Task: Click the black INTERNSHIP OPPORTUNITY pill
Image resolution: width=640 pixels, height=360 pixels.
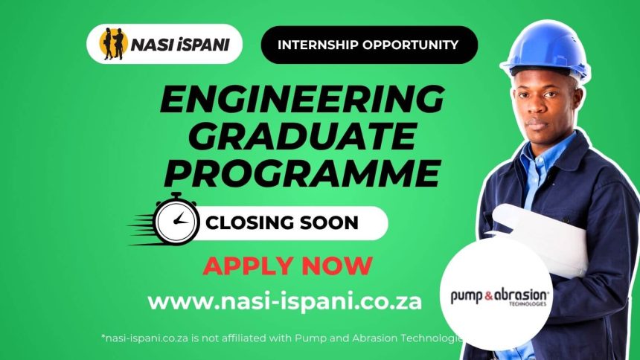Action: pos(368,45)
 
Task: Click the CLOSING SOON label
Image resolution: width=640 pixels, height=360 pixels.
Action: pos(282,222)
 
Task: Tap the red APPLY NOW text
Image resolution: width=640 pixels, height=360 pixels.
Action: pos(287,265)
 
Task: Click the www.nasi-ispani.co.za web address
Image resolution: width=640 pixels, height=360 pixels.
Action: pos(284,301)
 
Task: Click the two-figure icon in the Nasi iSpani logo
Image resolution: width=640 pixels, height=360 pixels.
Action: pos(113,44)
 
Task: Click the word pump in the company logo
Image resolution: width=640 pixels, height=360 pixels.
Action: pos(465,295)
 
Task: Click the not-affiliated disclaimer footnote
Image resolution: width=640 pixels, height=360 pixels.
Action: pos(282,338)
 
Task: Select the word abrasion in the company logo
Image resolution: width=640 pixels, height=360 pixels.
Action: pos(520,294)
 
